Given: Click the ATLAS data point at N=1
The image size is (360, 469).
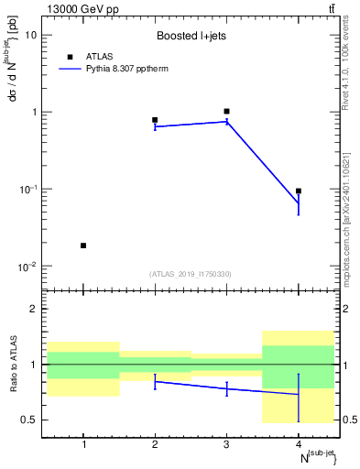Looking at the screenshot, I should tap(83, 245).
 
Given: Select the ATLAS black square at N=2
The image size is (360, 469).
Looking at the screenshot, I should tap(155, 120).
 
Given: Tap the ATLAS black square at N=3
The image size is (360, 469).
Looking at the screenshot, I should tap(226, 111).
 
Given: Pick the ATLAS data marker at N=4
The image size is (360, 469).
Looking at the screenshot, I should tap(298, 191).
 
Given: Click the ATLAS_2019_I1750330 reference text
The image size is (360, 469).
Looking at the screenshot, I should tap(191, 274).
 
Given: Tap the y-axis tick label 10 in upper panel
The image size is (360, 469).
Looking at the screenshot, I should tap(31, 35).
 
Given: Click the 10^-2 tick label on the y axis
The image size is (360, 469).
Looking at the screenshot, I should tap(28, 267).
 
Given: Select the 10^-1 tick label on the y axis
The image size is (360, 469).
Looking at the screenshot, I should tap(28, 190).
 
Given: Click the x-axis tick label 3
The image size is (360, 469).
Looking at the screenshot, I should tap(226, 445).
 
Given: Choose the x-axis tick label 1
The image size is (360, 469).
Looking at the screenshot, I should tap(83, 445).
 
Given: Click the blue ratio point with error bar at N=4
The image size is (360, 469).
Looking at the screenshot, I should tap(298, 395).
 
